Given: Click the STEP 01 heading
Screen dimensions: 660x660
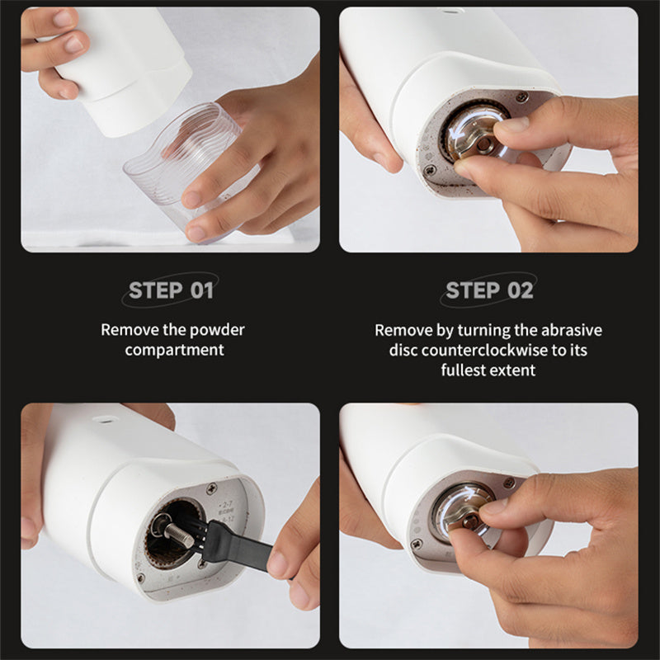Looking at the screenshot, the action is (x=171, y=290).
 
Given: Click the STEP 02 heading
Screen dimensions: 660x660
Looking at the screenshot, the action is (x=489, y=290).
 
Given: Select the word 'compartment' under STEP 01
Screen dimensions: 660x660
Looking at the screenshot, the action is (x=174, y=350).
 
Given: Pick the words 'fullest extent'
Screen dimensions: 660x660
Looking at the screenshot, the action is (x=488, y=370).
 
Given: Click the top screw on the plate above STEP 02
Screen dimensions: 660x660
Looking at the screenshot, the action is (x=522, y=97).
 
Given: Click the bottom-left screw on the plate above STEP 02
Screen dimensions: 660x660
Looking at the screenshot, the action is (x=429, y=171).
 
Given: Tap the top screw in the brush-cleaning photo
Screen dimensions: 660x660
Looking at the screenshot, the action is (x=211, y=488).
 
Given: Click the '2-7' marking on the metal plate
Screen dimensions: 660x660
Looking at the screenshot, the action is (x=226, y=504).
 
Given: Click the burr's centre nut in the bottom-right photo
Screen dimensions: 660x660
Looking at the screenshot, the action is (x=471, y=522).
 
